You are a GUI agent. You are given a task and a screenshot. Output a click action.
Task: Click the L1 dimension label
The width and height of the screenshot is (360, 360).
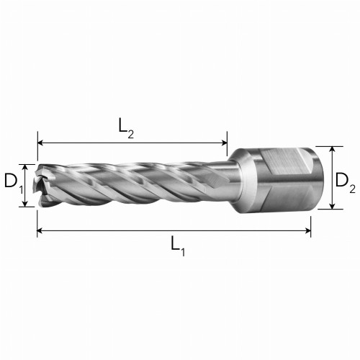(178, 246)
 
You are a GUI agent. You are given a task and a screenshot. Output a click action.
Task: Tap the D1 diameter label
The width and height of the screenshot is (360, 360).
(14, 182)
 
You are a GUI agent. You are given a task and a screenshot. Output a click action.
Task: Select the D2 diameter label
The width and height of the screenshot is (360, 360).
(345, 181)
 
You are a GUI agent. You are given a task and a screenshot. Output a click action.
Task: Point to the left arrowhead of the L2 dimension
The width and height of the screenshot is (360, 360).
(40, 143)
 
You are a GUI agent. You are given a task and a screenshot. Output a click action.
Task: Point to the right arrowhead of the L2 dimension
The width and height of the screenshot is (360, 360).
(224, 143)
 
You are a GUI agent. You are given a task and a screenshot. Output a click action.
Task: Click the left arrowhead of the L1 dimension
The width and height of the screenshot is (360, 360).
(40, 230)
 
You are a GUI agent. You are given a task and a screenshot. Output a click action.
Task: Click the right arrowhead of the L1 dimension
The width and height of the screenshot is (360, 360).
(308, 230)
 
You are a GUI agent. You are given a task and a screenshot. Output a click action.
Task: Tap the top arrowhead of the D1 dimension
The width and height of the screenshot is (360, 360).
(24, 168)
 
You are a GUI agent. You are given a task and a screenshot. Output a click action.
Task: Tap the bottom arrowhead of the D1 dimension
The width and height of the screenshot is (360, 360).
(24, 204)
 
